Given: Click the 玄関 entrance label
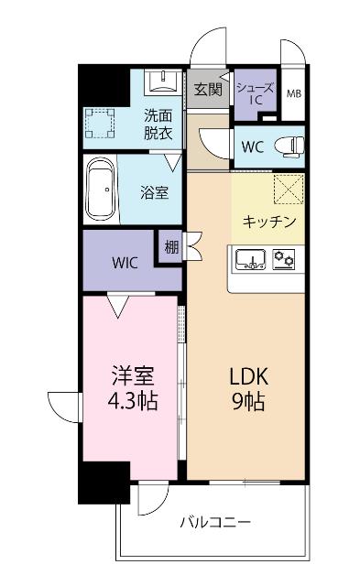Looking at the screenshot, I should [208, 89].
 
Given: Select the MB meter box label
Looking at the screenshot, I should [294, 93].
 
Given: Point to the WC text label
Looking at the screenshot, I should [254, 145].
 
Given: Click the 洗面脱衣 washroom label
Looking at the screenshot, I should [158, 123].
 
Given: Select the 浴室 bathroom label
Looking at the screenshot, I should [153, 193].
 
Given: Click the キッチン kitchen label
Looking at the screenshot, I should [268, 222].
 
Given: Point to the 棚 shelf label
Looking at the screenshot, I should [170, 246].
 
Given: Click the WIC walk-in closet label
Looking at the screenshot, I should [125, 262].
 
